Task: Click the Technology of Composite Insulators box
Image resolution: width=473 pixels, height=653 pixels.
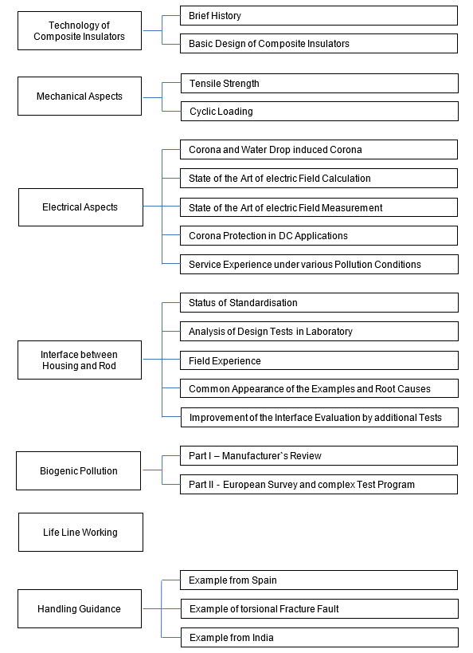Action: pyautogui.click(x=80, y=31)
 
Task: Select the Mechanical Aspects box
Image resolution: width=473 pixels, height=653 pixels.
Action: pyautogui.click(x=80, y=96)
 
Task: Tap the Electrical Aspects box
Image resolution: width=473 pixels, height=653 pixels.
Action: pyautogui.click(x=80, y=207)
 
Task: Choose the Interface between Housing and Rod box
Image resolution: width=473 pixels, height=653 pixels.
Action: pyautogui.click(x=80, y=360)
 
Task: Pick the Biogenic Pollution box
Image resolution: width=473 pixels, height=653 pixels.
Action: pyautogui.click(x=79, y=471)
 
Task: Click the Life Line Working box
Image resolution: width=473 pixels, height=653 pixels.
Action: pyautogui.click(x=80, y=533)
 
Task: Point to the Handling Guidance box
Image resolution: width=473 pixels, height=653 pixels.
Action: pyautogui.click(x=80, y=609)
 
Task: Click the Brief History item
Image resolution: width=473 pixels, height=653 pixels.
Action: pyautogui.click(x=319, y=16)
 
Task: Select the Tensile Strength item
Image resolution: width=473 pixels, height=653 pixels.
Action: pyautogui.click(x=319, y=84)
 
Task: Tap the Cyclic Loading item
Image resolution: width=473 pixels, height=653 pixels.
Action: pyautogui.click(x=319, y=112)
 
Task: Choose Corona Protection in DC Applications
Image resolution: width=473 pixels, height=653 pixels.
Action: pyautogui.click(x=319, y=236)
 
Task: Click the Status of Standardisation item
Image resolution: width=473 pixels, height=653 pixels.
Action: pyautogui.click(x=319, y=303)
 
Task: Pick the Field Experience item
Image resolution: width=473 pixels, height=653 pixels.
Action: pyautogui.click(x=319, y=360)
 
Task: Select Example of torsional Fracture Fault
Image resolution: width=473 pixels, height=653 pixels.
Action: pyautogui.click(x=319, y=609)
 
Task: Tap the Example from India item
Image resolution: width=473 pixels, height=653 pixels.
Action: pyautogui.click(x=319, y=638)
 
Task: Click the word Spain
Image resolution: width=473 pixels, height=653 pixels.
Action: pyautogui.click(x=264, y=580)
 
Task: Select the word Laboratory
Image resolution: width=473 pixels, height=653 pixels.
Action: pyautogui.click(x=329, y=332)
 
